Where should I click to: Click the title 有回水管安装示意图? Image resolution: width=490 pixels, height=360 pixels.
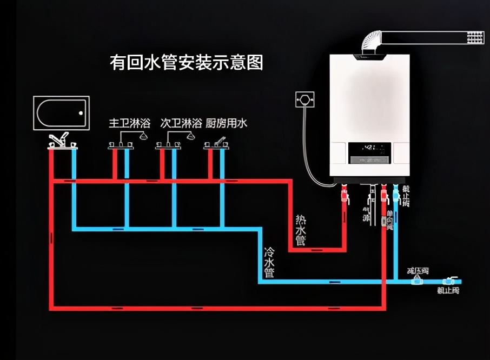tap(187, 62)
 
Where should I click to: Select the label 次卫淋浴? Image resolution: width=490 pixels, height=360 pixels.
tap(181, 123)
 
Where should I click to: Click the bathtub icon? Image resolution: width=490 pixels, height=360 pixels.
tap(60, 112)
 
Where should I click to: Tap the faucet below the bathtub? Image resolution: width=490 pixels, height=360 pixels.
tap(60, 141)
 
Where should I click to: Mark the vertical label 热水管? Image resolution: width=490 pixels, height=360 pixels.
tap(301, 229)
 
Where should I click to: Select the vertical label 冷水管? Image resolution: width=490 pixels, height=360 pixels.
tap(269, 262)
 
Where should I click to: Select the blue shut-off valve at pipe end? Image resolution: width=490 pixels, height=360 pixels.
tap(447, 281)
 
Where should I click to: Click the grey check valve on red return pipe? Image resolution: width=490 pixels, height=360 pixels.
tap(386, 221)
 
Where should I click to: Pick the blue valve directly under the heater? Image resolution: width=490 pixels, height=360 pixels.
tap(396, 192)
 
